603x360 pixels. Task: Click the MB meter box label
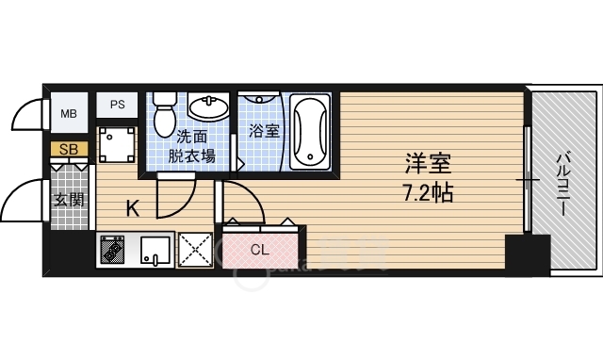coord(69,114)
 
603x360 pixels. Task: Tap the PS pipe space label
coord(118,105)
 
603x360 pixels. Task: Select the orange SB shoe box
coord(69,149)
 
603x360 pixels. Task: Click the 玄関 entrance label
coord(68,200)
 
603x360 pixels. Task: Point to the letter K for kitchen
coord(133,208)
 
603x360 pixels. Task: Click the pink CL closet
coord(259,250)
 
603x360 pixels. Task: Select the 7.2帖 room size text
coord(428,194)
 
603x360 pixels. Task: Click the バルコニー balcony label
coord(562,183)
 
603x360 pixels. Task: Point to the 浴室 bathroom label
coord(263,131)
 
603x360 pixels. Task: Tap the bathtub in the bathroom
coord(309,131)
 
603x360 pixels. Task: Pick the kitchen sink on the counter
coord(155,252)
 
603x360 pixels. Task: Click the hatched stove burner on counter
coord(114,252)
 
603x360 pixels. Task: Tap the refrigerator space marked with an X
coord(197,251)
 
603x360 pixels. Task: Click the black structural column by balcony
coord(527,254)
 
